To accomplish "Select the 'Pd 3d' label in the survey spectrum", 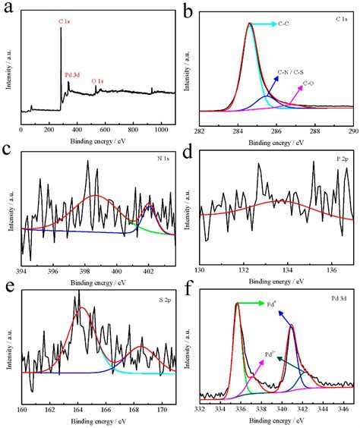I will (74, 75).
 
